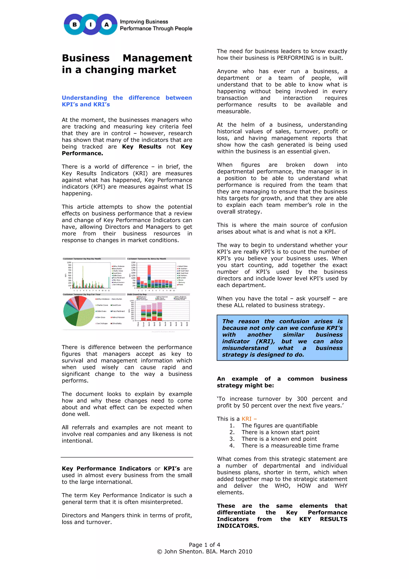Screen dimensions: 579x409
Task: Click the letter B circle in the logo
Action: point(75,24)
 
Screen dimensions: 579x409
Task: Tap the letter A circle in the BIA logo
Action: point(107,24)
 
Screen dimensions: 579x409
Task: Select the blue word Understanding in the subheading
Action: point(84,98)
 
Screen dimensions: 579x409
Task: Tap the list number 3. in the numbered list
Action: point(232,439)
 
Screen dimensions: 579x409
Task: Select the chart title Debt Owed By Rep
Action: point(137,294)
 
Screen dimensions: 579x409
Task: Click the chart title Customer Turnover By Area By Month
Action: point(146,259)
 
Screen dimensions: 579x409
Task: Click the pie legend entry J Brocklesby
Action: point(117,323)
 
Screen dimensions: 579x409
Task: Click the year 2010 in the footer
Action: point(245,551)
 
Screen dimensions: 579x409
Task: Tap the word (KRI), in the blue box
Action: point(265,341)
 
